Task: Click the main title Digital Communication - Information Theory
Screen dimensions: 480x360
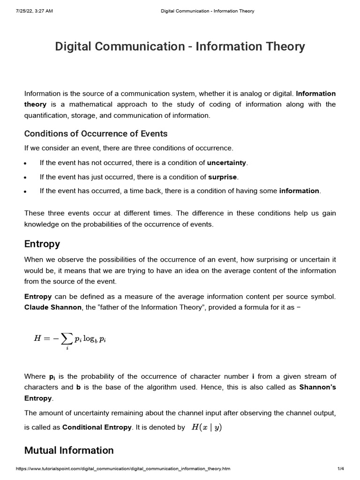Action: tap(180, 47)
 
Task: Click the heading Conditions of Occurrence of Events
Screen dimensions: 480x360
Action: tap(96, 134)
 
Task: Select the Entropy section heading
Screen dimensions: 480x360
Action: tap(42, 244)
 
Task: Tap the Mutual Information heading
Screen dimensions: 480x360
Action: tap(69, 450)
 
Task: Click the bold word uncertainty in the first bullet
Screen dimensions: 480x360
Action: tap(227, 163)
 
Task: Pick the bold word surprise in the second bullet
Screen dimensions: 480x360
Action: tap(223, 177)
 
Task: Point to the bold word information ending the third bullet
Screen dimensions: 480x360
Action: tap(299, 191)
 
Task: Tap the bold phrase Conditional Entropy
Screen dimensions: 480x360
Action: tap(97, 427)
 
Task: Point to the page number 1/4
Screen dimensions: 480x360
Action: tap(341, 469)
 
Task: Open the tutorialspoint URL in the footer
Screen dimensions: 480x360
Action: tap(123, 469)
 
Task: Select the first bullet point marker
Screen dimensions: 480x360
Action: tap(26, 164)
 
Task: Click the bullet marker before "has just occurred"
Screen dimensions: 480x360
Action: tap(26, 178)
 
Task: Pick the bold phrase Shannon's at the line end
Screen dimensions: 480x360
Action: tap(317, 387)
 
